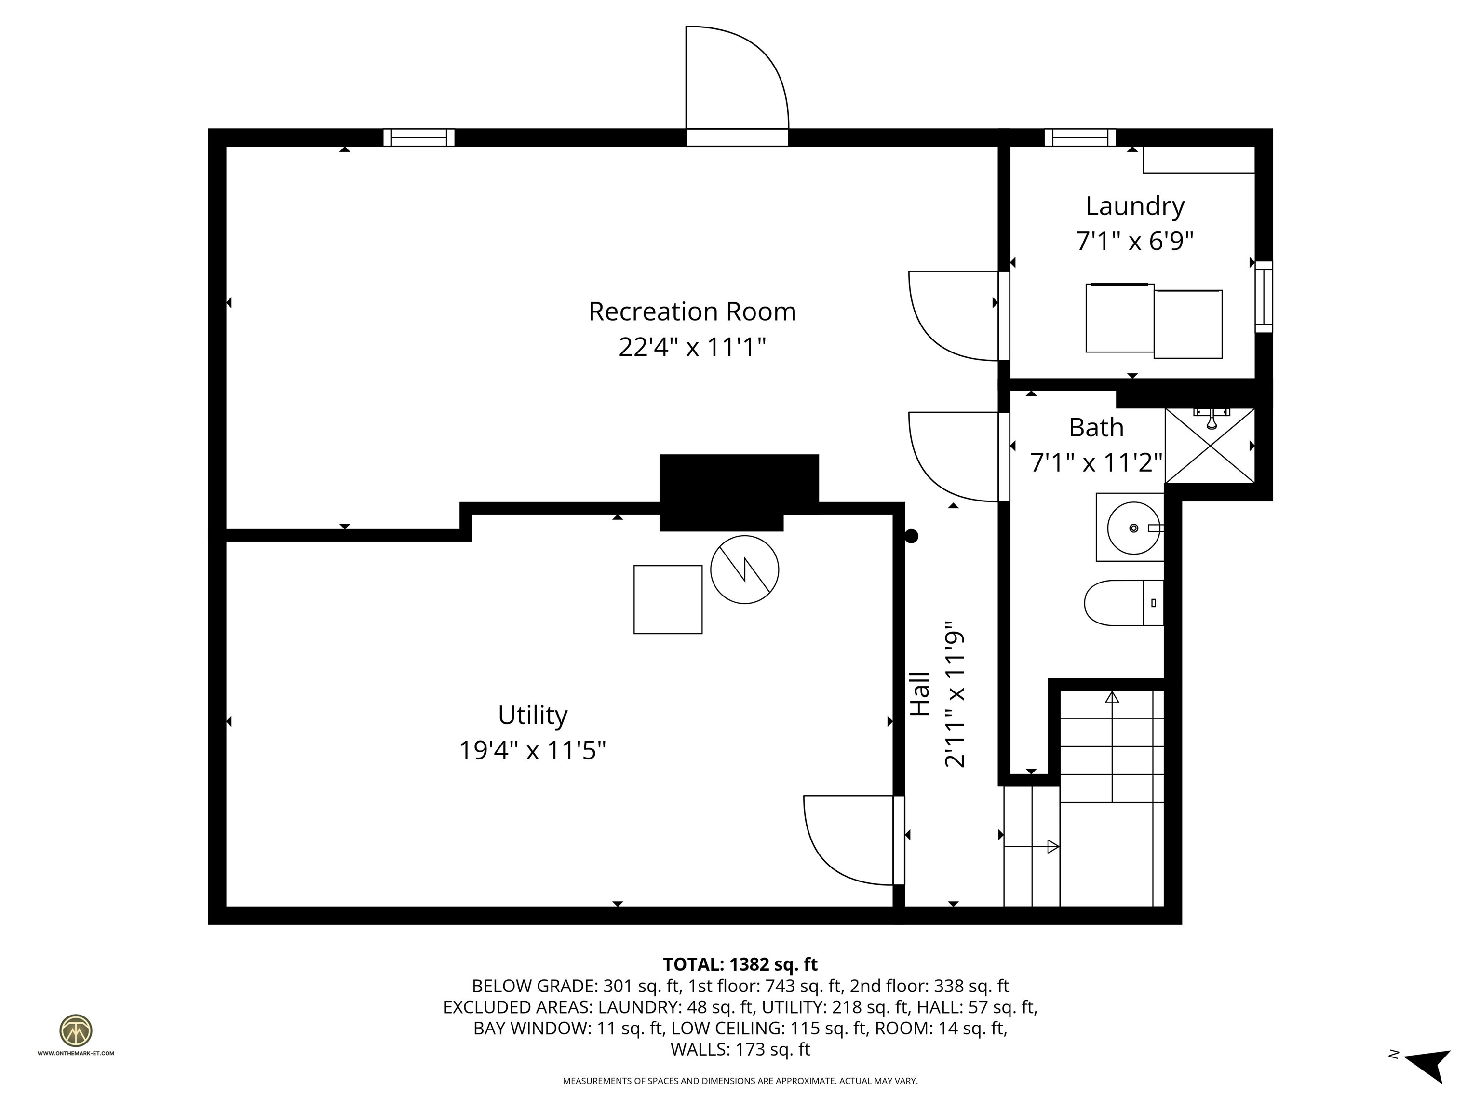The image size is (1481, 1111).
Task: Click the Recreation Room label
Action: coord(692,312)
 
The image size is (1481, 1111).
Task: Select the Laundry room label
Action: coord(1134,206)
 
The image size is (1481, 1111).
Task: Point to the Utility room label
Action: coord(532,715)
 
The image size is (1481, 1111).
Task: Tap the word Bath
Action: coord(1095,428)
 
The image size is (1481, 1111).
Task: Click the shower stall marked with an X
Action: coord(1209,446)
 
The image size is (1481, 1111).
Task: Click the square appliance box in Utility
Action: coord(668,599)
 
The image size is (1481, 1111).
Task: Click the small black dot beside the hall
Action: coord(911,536)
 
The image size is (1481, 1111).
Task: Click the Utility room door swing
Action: coord(847,840)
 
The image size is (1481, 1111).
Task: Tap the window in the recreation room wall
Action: coord(418,138)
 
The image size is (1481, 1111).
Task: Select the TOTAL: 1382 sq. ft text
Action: coord(740,964)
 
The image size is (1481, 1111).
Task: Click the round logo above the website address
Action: coord(76,1030)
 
